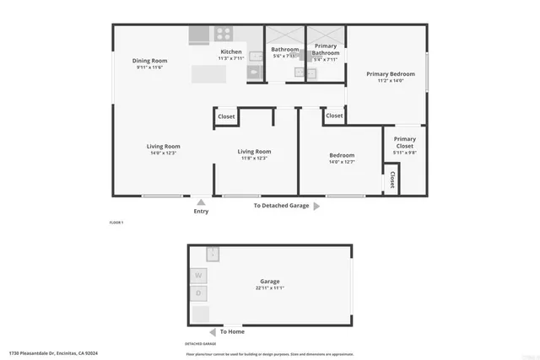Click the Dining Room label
tap(149, 61)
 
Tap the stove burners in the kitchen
tap(224, 34)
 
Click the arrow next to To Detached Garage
tap(316, 205)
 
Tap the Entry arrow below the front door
tap(200, 201)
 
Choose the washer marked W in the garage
tap(199, 275)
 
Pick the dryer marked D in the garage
tap(199, 293)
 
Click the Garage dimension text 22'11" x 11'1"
tap(269, 288)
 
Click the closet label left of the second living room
tap(226, 116)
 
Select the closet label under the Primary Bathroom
tap(334, 116)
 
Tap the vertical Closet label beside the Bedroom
tap(392, 180)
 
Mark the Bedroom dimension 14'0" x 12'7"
tap(341, 162)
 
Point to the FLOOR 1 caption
tap(116, 222)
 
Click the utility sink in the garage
tap(213, 252)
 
